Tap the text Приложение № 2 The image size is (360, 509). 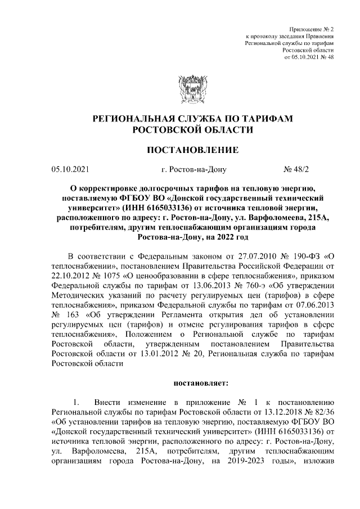(x=312, y=28)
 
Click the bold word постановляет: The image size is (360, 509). (x=200, y=384)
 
